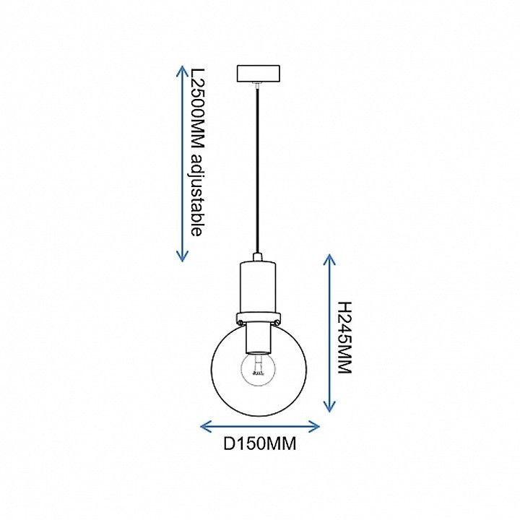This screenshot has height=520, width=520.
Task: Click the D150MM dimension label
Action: (x=259, y=443)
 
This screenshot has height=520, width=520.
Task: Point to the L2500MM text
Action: (x=196, y=109)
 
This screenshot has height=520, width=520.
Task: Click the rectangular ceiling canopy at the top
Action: (x=259, y=73)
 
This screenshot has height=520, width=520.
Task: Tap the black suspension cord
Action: (x=258, y=169)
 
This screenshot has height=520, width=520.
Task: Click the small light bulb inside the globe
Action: (x=258, y=369)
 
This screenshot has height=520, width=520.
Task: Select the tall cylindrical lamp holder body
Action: (x=259, y=287)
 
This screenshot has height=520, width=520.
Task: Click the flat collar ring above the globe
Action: (x=259, y=317)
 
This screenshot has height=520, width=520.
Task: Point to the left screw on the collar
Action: (x=240, y=322)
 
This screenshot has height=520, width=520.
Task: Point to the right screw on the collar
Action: (x=276, y=322)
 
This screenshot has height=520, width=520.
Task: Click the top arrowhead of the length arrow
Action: (x=182, y=71)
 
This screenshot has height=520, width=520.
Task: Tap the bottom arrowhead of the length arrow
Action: (x=182, y=256)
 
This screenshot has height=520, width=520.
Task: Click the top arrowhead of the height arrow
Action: (x=329, y=260)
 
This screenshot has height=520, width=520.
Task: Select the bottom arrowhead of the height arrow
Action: (x=329, y=407)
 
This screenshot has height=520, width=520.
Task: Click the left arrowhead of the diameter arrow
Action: (x=206, y=427)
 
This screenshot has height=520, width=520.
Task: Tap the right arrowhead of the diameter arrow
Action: (x=313, y=427)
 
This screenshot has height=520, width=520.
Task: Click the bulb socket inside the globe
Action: (x=259, y=338)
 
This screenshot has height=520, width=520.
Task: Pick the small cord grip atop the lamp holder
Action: (x=258, y=257)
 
